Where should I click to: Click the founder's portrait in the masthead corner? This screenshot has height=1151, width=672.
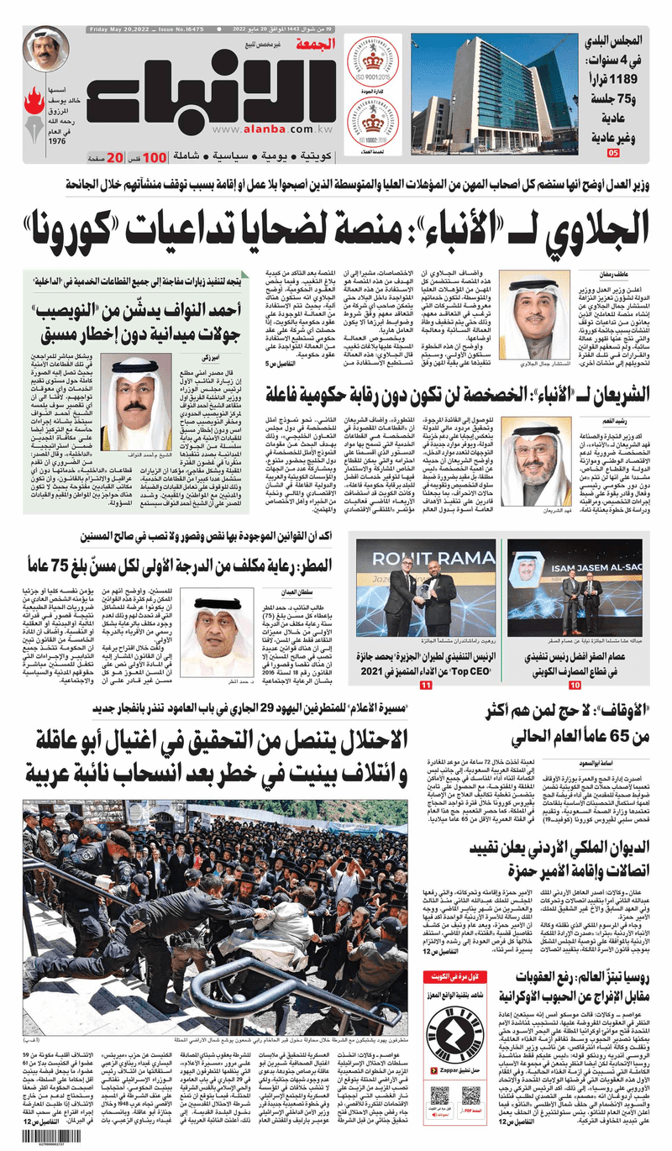tap(46, 50)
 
